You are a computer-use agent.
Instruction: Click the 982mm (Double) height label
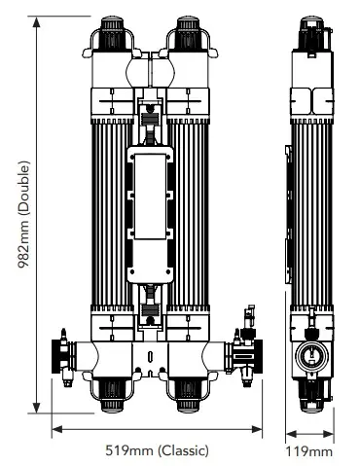[x=24, y=214]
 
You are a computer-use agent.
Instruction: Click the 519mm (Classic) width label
[x=157, y=450]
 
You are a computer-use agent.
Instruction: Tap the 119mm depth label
[x=309, y=451]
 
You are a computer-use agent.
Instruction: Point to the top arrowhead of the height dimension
[x=36, y=21]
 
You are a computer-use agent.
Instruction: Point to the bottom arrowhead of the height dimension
[x=36, y=408]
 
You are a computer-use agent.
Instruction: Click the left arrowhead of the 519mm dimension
[x=57, y=429]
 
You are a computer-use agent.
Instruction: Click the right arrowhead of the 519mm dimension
[x=257, y=429]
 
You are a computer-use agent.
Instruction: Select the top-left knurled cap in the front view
[x=112, y=32]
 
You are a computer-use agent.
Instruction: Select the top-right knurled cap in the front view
[x=188, y=32]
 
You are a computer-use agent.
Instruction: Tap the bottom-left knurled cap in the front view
[x=112, y=396]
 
